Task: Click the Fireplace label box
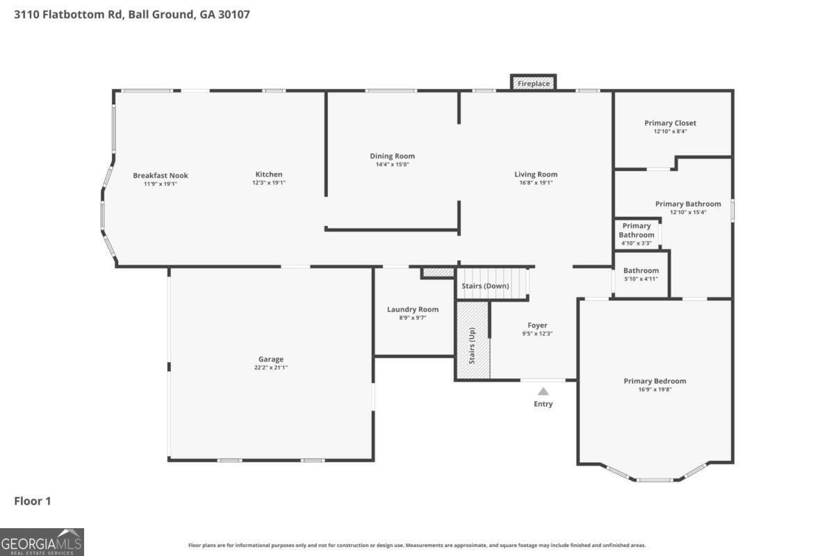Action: pos(533,83)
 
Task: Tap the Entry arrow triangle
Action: pos(543,391)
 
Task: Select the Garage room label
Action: pos(271,359)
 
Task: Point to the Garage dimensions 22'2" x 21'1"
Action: pos(271,368)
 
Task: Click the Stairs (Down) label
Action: pos(485,286)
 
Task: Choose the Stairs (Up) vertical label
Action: pos(472,345)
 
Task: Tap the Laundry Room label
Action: pos(413,309)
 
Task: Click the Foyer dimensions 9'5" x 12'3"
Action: pos(537,334)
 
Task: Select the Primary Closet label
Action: pos(670,123)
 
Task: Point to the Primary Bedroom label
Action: pos(655,381)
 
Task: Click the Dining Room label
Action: pos(393,156)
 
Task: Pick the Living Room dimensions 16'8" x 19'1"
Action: pos(536,183)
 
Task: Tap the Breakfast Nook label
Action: pos(161,175)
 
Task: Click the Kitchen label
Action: pos(269,174)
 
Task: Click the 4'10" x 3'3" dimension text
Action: pos(637,243)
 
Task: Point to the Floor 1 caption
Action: pos(33,501)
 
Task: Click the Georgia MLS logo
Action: pos(42,542)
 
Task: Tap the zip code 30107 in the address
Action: pos(234,15)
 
